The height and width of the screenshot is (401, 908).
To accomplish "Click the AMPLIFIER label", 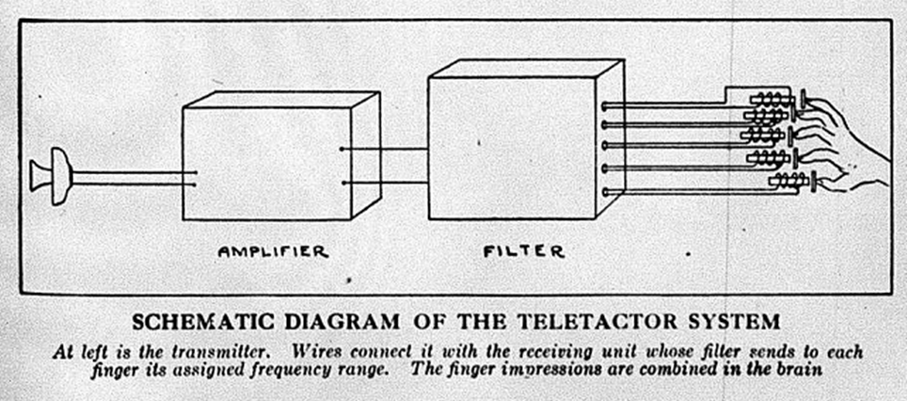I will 273,251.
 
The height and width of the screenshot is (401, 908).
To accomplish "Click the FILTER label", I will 524,251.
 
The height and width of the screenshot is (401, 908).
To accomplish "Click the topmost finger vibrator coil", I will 771,98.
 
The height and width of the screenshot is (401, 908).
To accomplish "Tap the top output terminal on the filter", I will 605,104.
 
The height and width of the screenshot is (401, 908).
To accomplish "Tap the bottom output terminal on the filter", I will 605,191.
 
